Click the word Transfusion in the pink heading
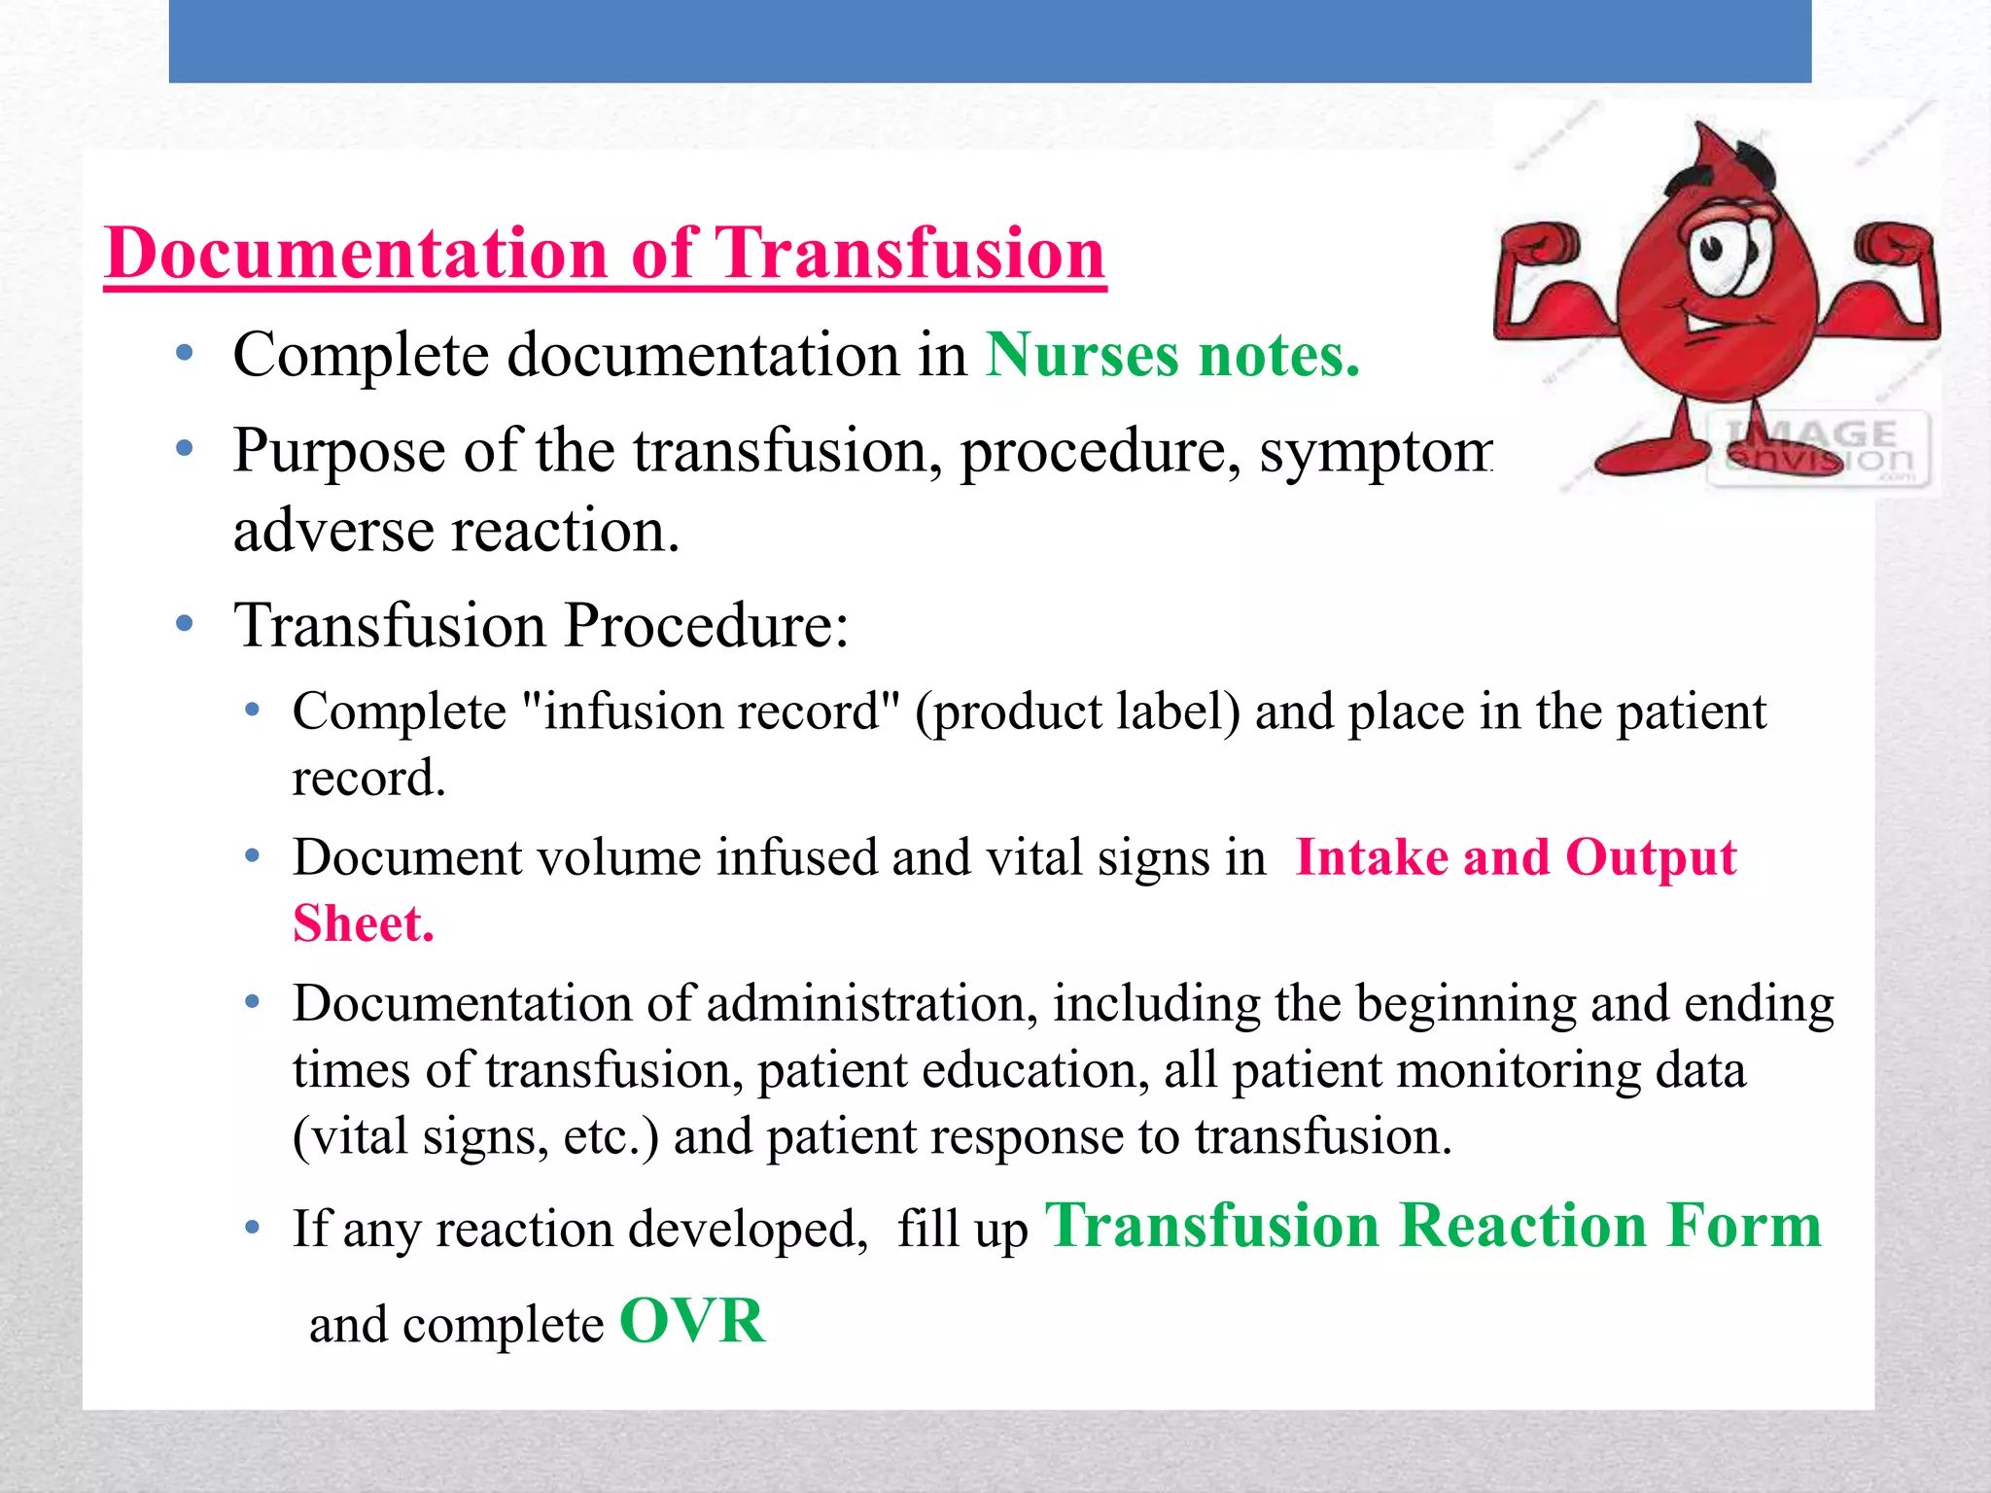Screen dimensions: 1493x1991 click(x=909, y=254)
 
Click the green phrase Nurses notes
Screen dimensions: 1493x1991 click(x=1172, y=355)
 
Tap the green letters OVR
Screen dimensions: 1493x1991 click(x=692, y=1322)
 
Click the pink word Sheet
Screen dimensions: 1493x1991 click(x=363, y=923)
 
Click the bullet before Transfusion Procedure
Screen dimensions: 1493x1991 click(x=185, y=624)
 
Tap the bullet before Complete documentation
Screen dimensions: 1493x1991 click(x=185, y=355)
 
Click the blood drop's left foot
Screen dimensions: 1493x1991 click(x=1653, y=457)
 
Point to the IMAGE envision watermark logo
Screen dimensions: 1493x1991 click(x=1818, y=447)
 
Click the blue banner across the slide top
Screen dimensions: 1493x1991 click(x=990, y=41)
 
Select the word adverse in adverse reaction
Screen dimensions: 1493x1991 click(x=333, y=532)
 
